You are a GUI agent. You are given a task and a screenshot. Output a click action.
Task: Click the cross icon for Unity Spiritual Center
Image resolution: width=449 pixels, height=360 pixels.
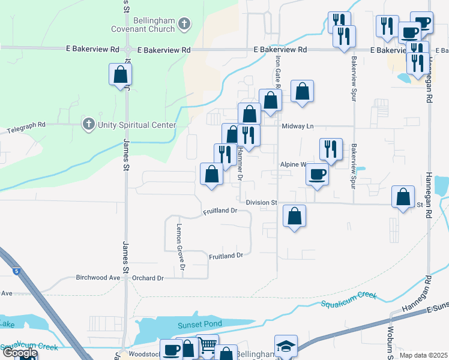(88, 124)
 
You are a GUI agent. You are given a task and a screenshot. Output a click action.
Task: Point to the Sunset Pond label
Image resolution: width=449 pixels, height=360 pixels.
(200, 324)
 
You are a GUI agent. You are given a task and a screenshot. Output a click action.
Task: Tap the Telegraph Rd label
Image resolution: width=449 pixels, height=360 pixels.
(26, 126)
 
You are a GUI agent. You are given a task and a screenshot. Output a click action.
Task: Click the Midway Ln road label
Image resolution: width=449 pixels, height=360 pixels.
(298, 126)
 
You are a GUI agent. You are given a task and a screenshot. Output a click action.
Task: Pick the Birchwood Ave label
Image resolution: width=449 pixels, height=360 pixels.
(98, 278)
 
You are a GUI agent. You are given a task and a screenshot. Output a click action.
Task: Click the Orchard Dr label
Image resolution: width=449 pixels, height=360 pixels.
(148, 278)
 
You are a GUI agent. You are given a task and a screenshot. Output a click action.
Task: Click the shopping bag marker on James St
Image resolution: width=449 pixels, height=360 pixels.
(120, 75)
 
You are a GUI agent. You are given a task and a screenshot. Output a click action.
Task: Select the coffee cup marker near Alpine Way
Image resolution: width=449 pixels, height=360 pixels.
(317, 175)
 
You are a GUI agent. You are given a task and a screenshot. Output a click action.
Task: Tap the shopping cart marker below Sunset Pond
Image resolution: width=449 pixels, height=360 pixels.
(207, 346)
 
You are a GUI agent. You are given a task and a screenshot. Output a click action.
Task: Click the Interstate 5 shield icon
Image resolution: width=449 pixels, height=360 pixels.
(15, 271)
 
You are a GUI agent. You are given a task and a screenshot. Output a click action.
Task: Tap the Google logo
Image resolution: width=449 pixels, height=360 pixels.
(19, 353)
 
